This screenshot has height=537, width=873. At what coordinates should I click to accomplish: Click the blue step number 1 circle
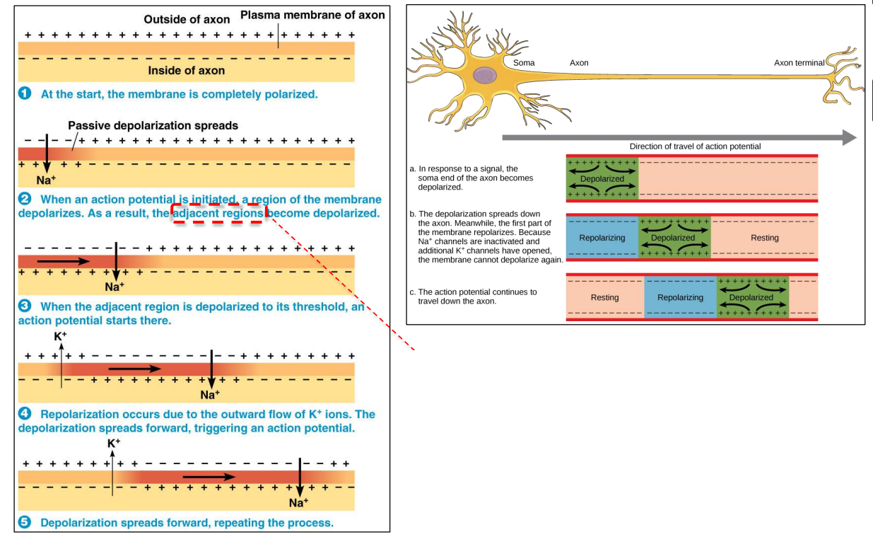[x=25, y=93]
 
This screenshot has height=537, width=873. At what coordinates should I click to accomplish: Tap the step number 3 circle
[x=25, y=306]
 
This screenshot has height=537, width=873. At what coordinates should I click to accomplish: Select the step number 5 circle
[x=25, y=523]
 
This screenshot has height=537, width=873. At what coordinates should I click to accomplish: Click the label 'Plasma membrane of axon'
[x=312, y=15]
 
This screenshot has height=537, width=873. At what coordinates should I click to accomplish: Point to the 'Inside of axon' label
[x=186, y=70]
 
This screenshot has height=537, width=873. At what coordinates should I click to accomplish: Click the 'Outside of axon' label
[x=187, y=20]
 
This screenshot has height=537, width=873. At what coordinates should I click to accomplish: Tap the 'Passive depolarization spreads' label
[x=153, y=125]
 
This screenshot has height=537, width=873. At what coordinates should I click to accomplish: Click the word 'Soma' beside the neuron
[x=524, y=63]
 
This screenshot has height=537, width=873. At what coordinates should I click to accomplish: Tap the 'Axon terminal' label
[x=799, y=63]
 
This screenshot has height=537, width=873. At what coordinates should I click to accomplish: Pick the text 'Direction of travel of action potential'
[x=695, y=146]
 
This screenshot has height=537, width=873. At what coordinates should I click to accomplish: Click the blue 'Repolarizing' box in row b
[x=602, y=238]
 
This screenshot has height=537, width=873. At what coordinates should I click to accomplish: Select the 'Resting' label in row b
[x=764, y=238]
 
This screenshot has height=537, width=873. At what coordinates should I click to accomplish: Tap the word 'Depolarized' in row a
[x=602, y=179]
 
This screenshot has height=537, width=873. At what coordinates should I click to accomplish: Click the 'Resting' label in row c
[x=604, y=298]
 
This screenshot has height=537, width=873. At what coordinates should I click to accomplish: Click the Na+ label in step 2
[x=46, y=180]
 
